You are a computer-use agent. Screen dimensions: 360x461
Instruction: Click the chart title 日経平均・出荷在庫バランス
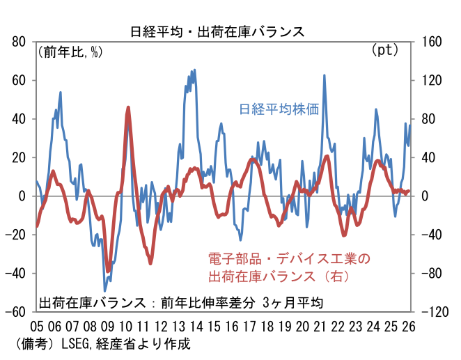pos(218,31)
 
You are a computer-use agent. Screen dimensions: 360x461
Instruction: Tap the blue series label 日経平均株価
pos(279,109)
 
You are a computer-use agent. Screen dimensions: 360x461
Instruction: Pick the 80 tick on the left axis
pos(19,42)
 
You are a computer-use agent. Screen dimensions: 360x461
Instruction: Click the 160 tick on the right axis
pos(432,42)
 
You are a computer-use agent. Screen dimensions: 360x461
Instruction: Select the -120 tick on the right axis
pos(436,312)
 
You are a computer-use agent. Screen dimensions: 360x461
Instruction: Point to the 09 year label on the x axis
pos(107,327)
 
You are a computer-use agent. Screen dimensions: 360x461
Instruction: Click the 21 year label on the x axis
pos(320,327)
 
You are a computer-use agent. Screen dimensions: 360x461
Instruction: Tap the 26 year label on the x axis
pos(409,327)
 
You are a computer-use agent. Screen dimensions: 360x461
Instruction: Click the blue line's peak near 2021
pos(325,75)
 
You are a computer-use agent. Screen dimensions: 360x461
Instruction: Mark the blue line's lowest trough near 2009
pos(105,291)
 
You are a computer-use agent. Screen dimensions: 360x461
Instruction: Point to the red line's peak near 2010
pos(129,107)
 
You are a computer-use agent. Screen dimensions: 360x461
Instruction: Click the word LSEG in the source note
pos(76,344)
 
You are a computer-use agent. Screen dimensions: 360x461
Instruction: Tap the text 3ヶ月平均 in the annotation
pos(292,303)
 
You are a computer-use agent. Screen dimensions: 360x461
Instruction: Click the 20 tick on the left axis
pos(19,157)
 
